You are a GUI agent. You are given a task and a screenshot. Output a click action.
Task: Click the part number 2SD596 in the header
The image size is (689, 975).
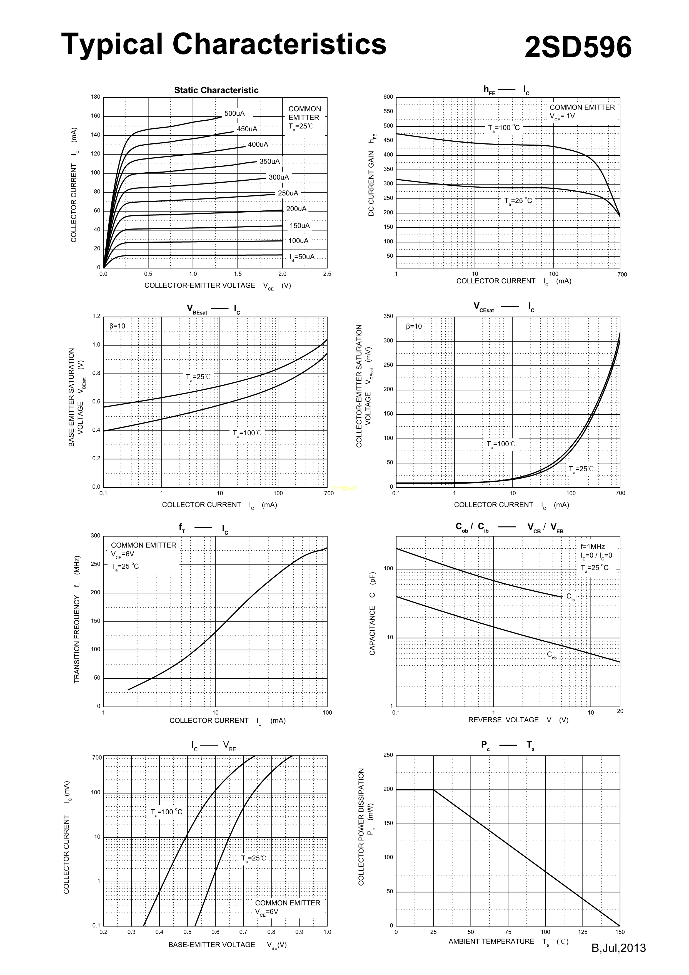click(578, 47)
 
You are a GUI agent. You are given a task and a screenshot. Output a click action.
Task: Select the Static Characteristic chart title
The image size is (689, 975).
click(216, 90)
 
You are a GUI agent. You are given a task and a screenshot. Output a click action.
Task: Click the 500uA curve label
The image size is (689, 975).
click(234, 113)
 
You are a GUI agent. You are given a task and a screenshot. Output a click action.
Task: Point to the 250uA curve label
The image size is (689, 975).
click(288, 193)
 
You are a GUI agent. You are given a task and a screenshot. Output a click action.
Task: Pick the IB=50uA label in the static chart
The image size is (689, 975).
click(302, 257)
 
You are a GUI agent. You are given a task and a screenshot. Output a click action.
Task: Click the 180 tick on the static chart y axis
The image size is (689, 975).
click(96, 97)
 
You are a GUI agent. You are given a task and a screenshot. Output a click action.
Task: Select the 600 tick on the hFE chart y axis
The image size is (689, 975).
click(388, 97)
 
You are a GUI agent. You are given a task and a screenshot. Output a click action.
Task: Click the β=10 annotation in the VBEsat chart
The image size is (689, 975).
click(117, 326)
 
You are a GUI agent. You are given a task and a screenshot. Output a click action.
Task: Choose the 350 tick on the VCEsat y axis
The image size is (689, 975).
click(388, 316)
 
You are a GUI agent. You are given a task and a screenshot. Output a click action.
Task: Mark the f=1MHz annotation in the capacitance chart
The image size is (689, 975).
click(592, 546)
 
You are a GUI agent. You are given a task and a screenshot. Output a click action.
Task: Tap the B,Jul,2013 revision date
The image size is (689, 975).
click(618, 948)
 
